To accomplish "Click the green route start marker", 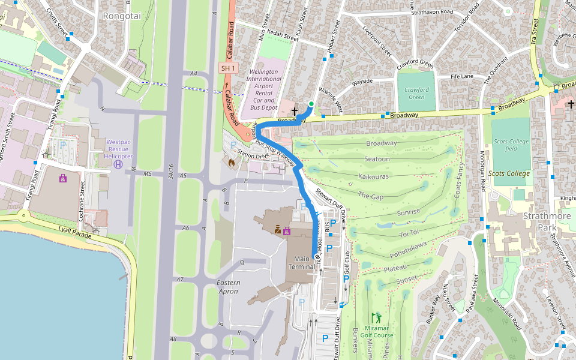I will [311, 104].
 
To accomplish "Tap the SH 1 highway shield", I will [229, 68].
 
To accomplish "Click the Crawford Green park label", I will [416, 93].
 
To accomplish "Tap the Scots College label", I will [509, 173].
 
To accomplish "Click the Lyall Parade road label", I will [75, 232].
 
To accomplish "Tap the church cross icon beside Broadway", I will [295, 112].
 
